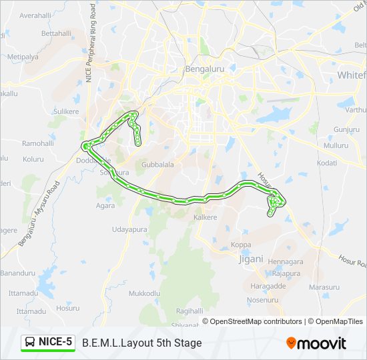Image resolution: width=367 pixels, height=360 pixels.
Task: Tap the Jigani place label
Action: tap(251, 259)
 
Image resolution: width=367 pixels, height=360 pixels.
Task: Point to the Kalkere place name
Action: tap(206, 218)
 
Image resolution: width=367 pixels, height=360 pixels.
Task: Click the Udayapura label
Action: tap(129, 229)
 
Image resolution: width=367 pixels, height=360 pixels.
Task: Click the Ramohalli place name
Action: tap(37, 143)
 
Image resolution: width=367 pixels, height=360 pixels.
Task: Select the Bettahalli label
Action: tap(56, 33)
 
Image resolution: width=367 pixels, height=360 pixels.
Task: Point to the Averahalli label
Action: tap(35, 15)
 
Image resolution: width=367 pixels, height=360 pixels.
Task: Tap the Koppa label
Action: tap(241, 245)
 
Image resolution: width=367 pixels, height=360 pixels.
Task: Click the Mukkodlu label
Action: tap(144, 293)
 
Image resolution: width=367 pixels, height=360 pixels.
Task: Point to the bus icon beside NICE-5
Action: tap(31, 343)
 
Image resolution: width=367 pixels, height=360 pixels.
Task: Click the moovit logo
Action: tap(316, 343)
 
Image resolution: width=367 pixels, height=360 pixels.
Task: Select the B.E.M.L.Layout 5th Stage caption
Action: tap(141, 343)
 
